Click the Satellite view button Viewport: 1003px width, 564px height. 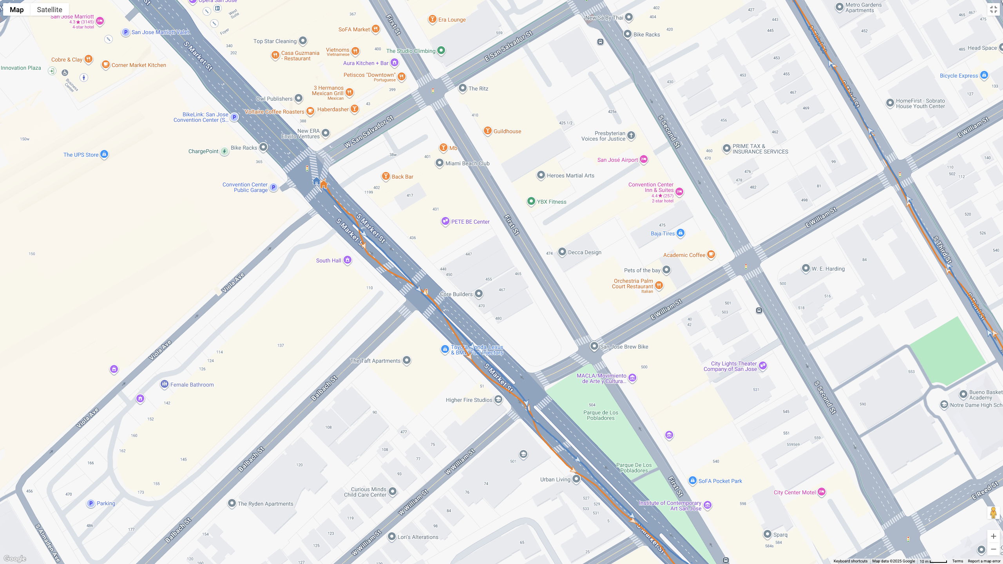coord(49,9)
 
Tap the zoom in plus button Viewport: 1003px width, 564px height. coord(993,536)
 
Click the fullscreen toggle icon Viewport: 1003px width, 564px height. coord(993,9)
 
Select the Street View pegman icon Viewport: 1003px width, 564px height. coord(993,513)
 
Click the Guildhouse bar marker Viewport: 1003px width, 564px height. coord(487,131)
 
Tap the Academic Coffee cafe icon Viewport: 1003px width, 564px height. coord(711,255)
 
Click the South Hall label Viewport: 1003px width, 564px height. coord(328,260)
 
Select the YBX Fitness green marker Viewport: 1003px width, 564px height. coord(531,201)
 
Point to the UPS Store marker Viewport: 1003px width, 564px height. coord(104,154)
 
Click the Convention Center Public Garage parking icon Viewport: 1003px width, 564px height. coord(274,187)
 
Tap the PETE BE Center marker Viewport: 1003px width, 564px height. coord(445,221)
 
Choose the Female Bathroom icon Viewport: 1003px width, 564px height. coord(164,384)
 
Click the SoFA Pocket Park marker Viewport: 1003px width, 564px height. coord(692,481)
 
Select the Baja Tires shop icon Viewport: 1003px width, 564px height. coord(681,233)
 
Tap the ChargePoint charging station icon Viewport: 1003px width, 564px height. coord(224,151)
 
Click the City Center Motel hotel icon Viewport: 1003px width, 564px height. coord(822,492)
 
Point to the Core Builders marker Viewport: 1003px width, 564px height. coord(478,294)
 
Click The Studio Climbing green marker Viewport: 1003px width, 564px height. coord(441,50)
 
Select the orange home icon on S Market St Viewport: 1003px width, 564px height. coord(324,184)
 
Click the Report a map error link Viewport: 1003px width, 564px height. coord(984,561)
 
